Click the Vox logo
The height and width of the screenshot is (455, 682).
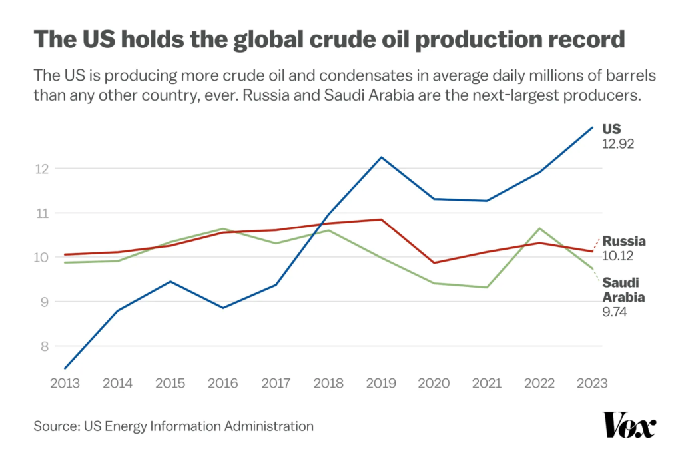coord(629,426)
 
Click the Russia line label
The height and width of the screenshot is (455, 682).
coord(624,241)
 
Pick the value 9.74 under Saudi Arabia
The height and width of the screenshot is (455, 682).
coord(616,311)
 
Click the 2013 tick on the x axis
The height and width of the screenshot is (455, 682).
coord(65,383)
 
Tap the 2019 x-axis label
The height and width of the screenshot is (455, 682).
coord(381,383)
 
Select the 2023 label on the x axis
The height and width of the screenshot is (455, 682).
coord(591,383)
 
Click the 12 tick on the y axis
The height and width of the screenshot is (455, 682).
coord(43,169)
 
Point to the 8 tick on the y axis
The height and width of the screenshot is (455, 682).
coord(45,346)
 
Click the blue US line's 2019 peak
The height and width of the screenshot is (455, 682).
coord(381,157)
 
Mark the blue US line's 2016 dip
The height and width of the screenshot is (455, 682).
coord(223,308)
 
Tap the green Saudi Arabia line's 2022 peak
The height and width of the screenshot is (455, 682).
coord(539,228)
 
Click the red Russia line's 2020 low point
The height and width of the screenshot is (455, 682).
coord(434,262)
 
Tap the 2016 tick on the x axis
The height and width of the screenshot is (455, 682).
coord(223,383)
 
